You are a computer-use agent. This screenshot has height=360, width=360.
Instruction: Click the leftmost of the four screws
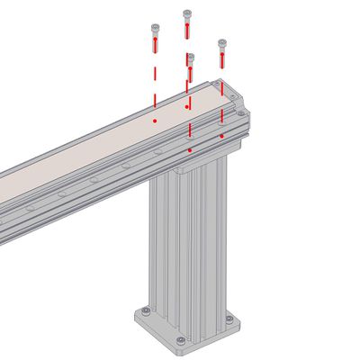(155, 35)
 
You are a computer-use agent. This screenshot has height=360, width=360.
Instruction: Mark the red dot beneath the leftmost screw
(155, 120)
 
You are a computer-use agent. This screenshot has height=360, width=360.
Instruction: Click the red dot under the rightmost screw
(222, 135)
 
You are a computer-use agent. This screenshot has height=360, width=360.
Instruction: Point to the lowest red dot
(190, 149)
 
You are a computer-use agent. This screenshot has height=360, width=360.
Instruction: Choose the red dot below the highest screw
(187, 107)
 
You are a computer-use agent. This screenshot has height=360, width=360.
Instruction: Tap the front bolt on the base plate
(181, 339)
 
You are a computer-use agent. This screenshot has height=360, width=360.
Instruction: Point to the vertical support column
(189, 243)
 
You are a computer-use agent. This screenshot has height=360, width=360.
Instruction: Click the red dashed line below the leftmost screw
(155, 81)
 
